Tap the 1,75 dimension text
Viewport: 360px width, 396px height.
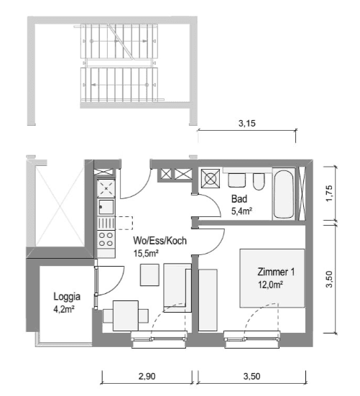329,195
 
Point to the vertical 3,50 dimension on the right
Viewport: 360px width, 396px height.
329,281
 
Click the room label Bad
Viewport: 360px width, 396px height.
239,199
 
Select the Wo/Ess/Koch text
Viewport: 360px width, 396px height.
160,241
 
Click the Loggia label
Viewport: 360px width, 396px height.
67,296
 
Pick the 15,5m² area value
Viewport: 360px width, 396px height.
146,253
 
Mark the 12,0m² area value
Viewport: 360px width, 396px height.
270,285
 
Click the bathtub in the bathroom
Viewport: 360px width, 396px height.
284,194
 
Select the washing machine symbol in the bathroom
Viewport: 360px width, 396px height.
212,178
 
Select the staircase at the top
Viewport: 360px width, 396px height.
119,64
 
